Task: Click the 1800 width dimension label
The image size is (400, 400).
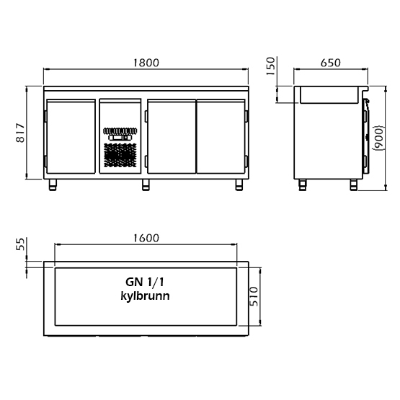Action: coord(146,63)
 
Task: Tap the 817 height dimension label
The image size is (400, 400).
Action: coord(20,133)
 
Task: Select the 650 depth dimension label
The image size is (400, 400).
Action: coord(330,63)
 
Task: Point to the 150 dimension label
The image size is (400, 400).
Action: coord(271,66)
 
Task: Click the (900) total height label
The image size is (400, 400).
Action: coord(379,138)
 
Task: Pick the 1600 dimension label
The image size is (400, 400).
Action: coord(146,238)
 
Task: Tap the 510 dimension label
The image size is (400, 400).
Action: coord(254,296)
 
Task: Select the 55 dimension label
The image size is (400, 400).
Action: coord(20,244)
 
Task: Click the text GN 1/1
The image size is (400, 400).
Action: coord(145,282)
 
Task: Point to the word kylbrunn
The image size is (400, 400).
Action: coord(145,296)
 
